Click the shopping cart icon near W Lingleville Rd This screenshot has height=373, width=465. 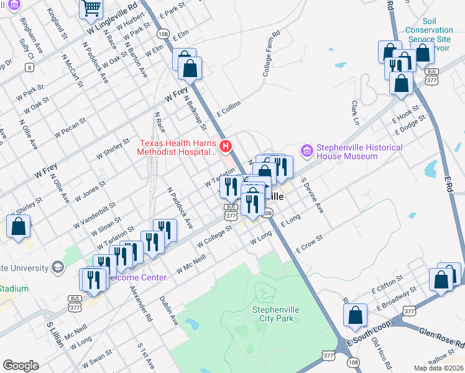pos(91,9)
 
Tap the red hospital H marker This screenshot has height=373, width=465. pos(226,147)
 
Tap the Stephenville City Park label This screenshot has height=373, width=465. pos(273,314)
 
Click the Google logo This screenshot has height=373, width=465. pos(21,366)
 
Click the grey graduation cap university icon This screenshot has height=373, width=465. pos(58,267)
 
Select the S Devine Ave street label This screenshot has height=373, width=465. pos(312,195)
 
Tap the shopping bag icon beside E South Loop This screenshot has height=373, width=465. pos(356,316)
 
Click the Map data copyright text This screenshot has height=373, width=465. pos(438,368)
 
